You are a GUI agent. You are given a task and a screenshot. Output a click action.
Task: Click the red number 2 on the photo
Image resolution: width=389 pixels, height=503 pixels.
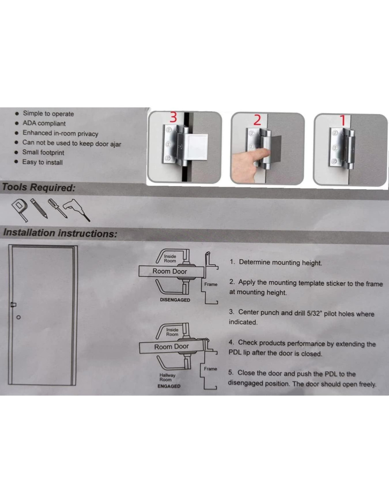(257, 120)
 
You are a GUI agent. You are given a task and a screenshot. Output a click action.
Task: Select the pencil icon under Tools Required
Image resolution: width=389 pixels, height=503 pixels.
(39, 208)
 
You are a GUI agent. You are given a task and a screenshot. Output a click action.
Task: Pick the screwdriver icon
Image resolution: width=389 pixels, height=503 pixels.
(57, 208)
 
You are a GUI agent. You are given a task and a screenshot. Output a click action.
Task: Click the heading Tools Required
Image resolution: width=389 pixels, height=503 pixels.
(39, 187)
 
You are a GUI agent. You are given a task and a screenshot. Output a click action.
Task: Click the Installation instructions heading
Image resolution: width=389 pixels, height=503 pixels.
(60, 233)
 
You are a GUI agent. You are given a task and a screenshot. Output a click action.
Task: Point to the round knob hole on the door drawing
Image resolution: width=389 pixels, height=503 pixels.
(19, 317)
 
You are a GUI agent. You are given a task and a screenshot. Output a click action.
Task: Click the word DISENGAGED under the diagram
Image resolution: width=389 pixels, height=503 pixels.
(175, 300)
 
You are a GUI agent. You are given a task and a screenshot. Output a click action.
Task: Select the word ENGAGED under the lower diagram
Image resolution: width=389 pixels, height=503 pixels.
(169, 386)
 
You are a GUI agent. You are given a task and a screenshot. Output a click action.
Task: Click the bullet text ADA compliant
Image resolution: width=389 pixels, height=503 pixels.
(44, 123)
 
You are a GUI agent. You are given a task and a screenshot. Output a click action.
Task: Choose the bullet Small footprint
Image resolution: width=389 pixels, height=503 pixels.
(43, 152)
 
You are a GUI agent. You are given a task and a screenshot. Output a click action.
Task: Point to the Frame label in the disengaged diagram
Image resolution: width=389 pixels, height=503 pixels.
(210, 284)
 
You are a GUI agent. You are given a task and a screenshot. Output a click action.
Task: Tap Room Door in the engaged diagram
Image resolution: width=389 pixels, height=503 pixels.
(172, 347)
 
